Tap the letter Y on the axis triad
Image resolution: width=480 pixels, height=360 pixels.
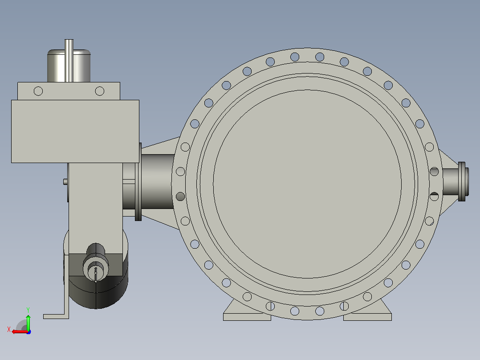(x=28, y=310)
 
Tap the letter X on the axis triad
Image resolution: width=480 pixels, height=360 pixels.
(x=9, y=329)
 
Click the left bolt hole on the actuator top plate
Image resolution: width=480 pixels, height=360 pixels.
(x=38, y=91)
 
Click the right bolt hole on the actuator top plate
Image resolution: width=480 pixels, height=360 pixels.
(x=99, y=91)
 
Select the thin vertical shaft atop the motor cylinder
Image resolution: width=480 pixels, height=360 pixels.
(x=69, y=60)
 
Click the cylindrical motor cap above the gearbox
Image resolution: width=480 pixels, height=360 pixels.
(x=69, y=65)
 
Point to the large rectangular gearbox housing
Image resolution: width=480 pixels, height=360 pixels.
(x=75, y=131)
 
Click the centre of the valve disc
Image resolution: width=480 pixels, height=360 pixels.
(x=307, y=184)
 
